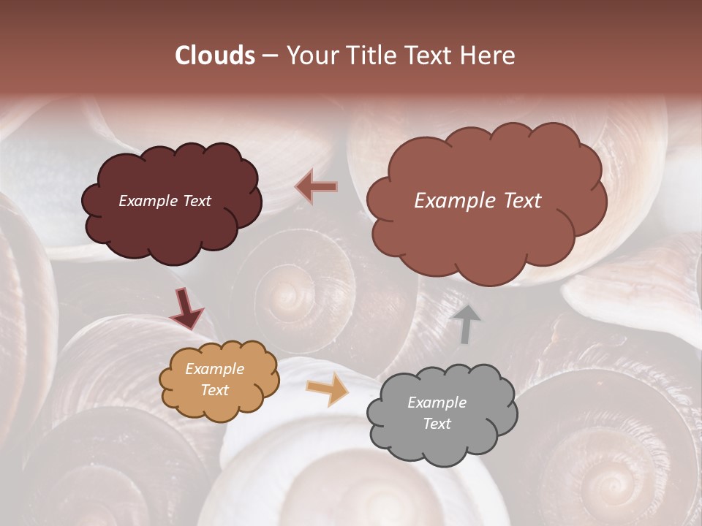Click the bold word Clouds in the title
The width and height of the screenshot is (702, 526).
215,56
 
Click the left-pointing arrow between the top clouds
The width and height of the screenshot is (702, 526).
317,187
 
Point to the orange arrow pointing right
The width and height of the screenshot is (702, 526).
327,390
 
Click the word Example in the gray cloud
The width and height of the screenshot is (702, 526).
437,403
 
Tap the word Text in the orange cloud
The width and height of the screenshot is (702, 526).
215,390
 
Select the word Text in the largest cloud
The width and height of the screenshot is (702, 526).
518,201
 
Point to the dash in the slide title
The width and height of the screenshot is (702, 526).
269,56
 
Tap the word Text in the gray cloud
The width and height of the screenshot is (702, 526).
437,424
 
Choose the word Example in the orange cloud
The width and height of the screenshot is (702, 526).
215,369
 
